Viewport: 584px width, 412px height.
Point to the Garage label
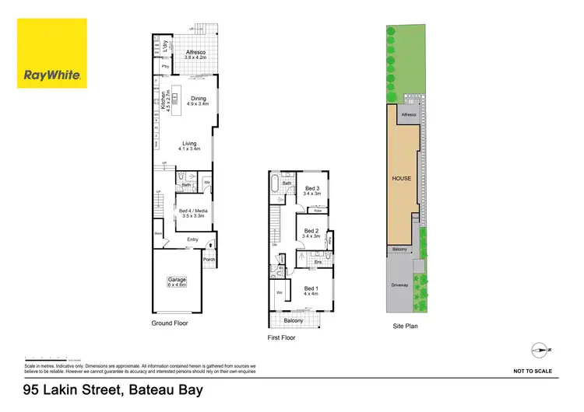pos(178,281)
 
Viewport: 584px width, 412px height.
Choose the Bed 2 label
pos(311,231)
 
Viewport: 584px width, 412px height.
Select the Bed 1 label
pos(311,289)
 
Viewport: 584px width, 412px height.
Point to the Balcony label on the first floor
pos(294,320)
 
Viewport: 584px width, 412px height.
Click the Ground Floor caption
pos(170,323)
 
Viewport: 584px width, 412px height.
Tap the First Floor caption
pos(281,338)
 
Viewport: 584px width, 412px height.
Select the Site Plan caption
pos(405,326)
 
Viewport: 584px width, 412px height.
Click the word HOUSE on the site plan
pos(401,178)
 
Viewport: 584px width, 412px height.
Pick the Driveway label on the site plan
pos(400,285)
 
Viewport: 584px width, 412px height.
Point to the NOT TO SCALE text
pos(533,372)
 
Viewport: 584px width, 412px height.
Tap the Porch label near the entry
pos(208,260)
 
